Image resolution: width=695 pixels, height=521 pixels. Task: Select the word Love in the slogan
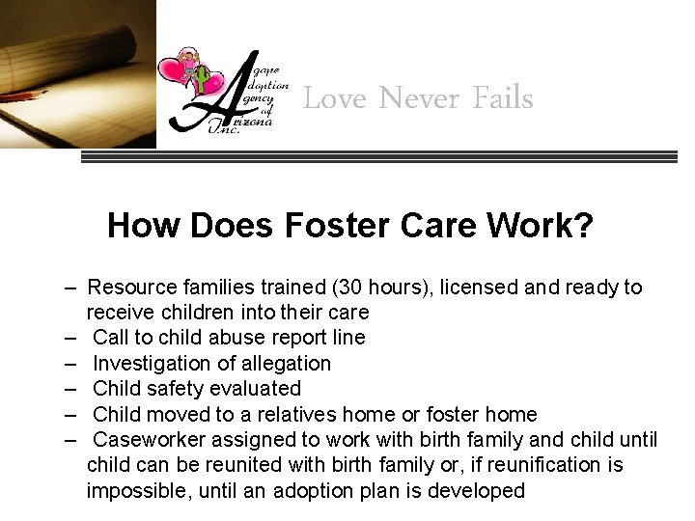(x=335, y=98)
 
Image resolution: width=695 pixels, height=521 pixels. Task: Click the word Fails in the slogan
(x=503, y=98)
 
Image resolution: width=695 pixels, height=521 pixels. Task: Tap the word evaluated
(x=256, y=389)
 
